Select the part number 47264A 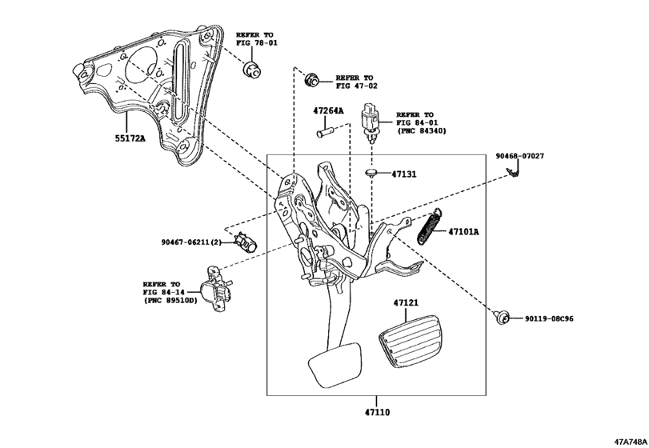pos(328,110)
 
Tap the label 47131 pos(406,174)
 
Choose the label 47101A pos(463,232)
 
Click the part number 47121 pos(407,304)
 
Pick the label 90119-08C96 pos(549,318)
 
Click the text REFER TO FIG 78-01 pos(254,40)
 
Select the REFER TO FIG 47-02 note pos(356,82)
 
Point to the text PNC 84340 pos(421,130)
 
